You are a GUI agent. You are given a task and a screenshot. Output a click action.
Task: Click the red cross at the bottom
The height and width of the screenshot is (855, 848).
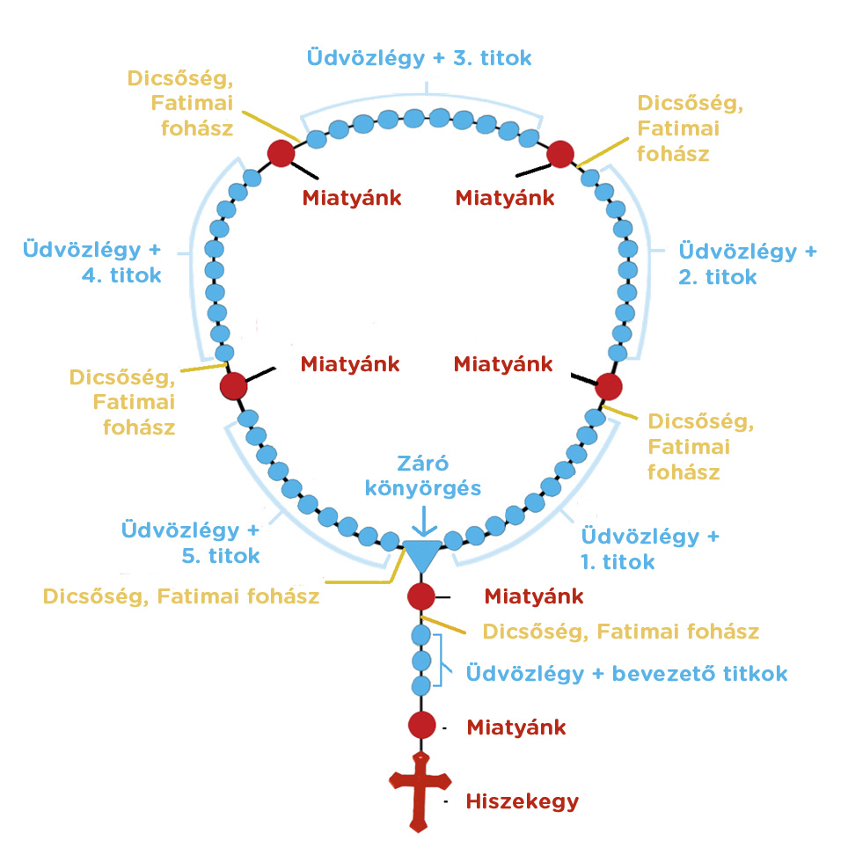point(421,790)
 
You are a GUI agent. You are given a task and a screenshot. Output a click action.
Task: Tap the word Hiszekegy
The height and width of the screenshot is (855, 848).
point(522,801)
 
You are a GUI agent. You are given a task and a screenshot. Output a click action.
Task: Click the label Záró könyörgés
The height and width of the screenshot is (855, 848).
point(425,476)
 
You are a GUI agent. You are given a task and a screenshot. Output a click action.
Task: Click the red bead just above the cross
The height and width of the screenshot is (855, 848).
point(421,726)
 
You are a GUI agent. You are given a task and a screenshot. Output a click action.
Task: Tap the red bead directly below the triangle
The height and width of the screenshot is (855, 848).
point(421,596)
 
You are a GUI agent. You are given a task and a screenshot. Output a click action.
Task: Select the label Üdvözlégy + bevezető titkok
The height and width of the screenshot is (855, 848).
point(626,674)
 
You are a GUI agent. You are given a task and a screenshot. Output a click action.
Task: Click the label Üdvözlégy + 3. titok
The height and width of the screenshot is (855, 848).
point(419,58)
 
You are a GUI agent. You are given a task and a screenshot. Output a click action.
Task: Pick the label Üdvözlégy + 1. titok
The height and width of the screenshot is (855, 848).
point(650,548)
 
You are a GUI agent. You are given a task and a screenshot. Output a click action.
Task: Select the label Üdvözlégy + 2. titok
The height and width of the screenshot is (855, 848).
point(747,264)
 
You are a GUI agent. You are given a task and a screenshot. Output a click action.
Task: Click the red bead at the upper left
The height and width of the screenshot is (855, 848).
point(281,153)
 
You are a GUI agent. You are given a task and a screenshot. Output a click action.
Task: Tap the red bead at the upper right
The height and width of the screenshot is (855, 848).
point(559,154)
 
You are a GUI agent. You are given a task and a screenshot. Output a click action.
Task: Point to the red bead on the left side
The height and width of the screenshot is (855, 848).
point(233,386)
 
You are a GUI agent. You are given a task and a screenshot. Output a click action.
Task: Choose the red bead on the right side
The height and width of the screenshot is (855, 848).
point(609,386)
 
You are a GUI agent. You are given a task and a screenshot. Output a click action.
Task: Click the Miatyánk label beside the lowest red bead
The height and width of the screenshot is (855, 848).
point(515,727)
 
